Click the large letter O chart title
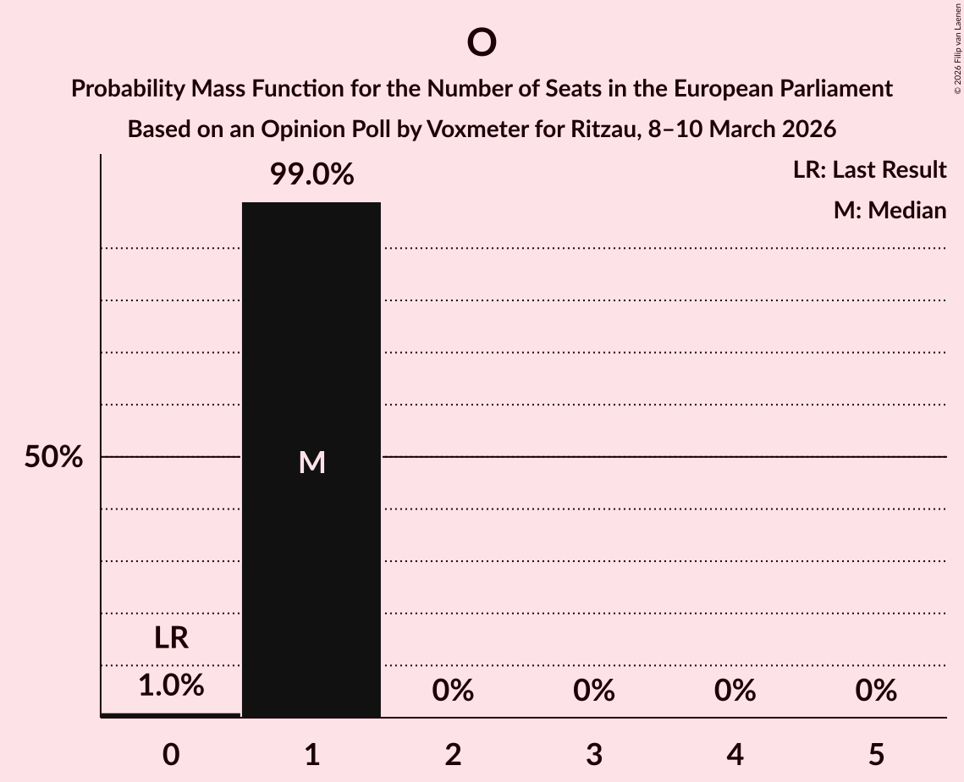coord(481,41)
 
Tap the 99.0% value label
coord(311,175)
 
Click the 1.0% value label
coord(171,686)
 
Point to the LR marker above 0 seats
coord(171,638)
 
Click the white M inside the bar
coord(312,462)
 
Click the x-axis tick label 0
coord(171,754)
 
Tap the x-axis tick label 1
coord(312,754)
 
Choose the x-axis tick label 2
coord(453,754)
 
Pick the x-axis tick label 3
coord(594,754)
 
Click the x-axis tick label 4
coord(735,754)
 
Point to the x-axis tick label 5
coord(876,754)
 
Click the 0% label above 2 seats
coord(453,691)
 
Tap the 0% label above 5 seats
coord(876,691)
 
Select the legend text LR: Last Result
coord(869,170)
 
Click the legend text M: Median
coord(890,210)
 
